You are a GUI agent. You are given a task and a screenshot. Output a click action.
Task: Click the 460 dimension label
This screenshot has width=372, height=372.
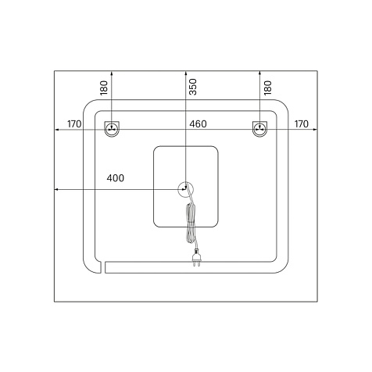(198, 124)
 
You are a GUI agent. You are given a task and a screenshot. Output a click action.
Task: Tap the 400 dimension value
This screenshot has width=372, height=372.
(116, 178)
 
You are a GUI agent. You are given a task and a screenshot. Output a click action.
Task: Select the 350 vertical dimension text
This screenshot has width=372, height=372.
(193, 87)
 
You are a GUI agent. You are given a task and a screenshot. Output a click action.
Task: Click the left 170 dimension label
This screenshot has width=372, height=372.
(74, 124)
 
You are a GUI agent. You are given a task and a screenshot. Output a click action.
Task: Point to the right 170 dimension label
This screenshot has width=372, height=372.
(302, 124)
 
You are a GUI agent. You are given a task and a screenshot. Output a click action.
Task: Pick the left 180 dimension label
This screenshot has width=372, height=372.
(104, 88)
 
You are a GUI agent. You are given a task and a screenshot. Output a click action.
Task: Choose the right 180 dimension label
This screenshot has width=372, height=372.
(267, 88)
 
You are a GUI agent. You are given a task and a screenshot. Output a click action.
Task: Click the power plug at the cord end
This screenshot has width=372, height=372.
(196, 258)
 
